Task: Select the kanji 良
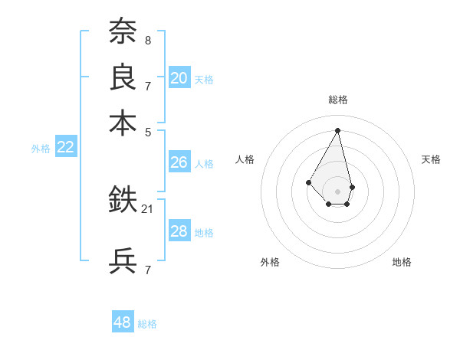tap(123, 77)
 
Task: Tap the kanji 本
tap(123, 123)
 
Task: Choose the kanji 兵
tap(123, 261)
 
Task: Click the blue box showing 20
tap(179, 77)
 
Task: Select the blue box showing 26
tap(179, 162)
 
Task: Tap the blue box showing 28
tap(179, 232)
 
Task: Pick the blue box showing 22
tap(65, 148)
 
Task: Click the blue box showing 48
tap(123, 322)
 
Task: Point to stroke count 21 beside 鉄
tap(148, 208)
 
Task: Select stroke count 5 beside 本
tap(147, 131)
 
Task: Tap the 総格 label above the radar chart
tap(338, 100)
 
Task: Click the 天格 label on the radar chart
tap(432, 159)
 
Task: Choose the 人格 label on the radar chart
tap(245, 159)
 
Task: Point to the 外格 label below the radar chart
tap(270, 262)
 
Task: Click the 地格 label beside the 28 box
tap(204, 233)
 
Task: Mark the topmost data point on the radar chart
tap(337, 129)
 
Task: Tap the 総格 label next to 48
tap(147, 324)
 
